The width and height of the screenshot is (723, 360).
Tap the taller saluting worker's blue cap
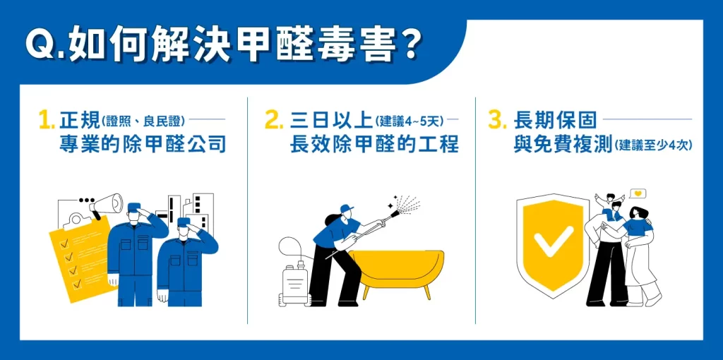point(134,208)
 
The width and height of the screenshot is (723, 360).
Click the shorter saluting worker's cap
point(184,222)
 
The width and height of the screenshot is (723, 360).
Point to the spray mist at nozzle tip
point(406,205)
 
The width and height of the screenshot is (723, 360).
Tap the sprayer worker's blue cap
point(347,209)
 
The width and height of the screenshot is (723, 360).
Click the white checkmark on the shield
point(554,241)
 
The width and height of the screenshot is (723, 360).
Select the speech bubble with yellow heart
point(638,193)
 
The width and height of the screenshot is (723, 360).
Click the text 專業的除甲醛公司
point(143,145)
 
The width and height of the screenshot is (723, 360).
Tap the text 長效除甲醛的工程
point(374,145)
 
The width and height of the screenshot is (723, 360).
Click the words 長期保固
point(555,120)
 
